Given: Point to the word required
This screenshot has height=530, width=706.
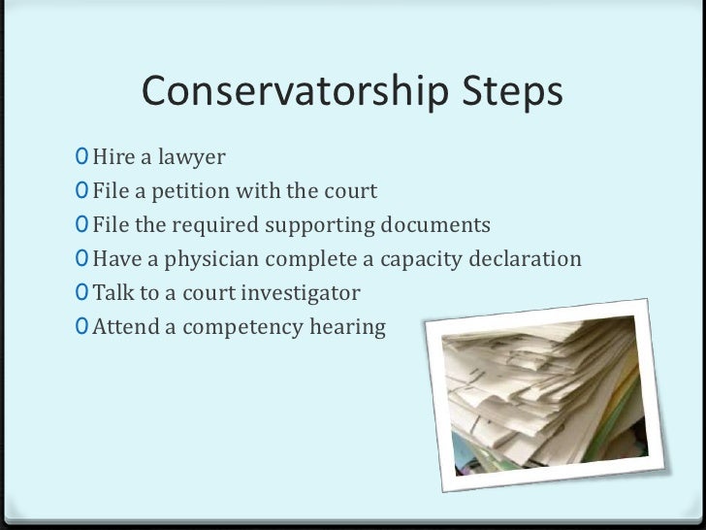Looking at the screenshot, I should coord(210,226).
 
